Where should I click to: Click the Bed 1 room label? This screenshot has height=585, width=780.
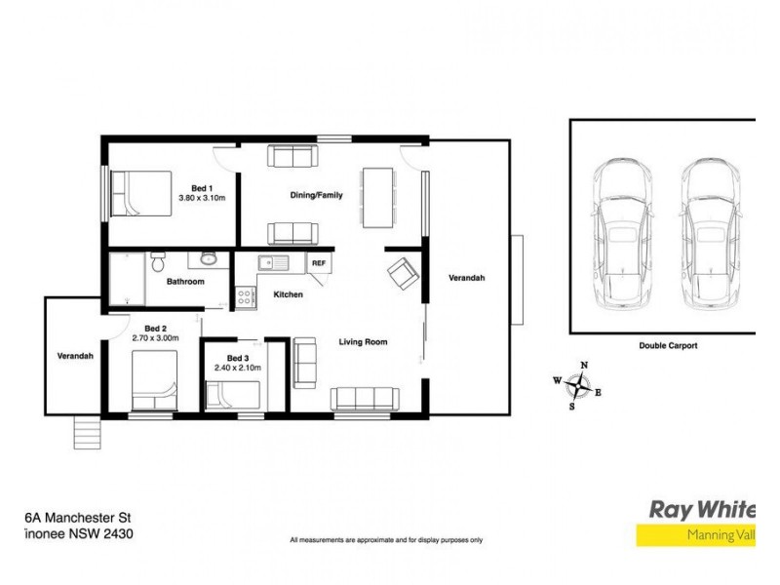pyautogui.click(x=202, y=187)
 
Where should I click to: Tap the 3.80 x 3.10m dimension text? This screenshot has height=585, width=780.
pyautogui.click(x=202, y=198)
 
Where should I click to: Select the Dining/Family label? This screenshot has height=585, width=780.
pyautogui.click(x=317, y=195)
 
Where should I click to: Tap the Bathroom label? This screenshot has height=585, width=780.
pyautogui.click(x=185, y=282)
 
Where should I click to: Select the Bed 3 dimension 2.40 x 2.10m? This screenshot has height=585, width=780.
pyautogui.click(x=239, y=368)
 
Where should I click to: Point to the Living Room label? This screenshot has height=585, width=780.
pyautogui.click(x=364, y=342)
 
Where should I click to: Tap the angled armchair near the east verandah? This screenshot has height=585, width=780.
pyautogui.click(x=403, y=273)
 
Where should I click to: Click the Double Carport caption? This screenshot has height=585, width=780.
pyautogui.click(x=668, y=345)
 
